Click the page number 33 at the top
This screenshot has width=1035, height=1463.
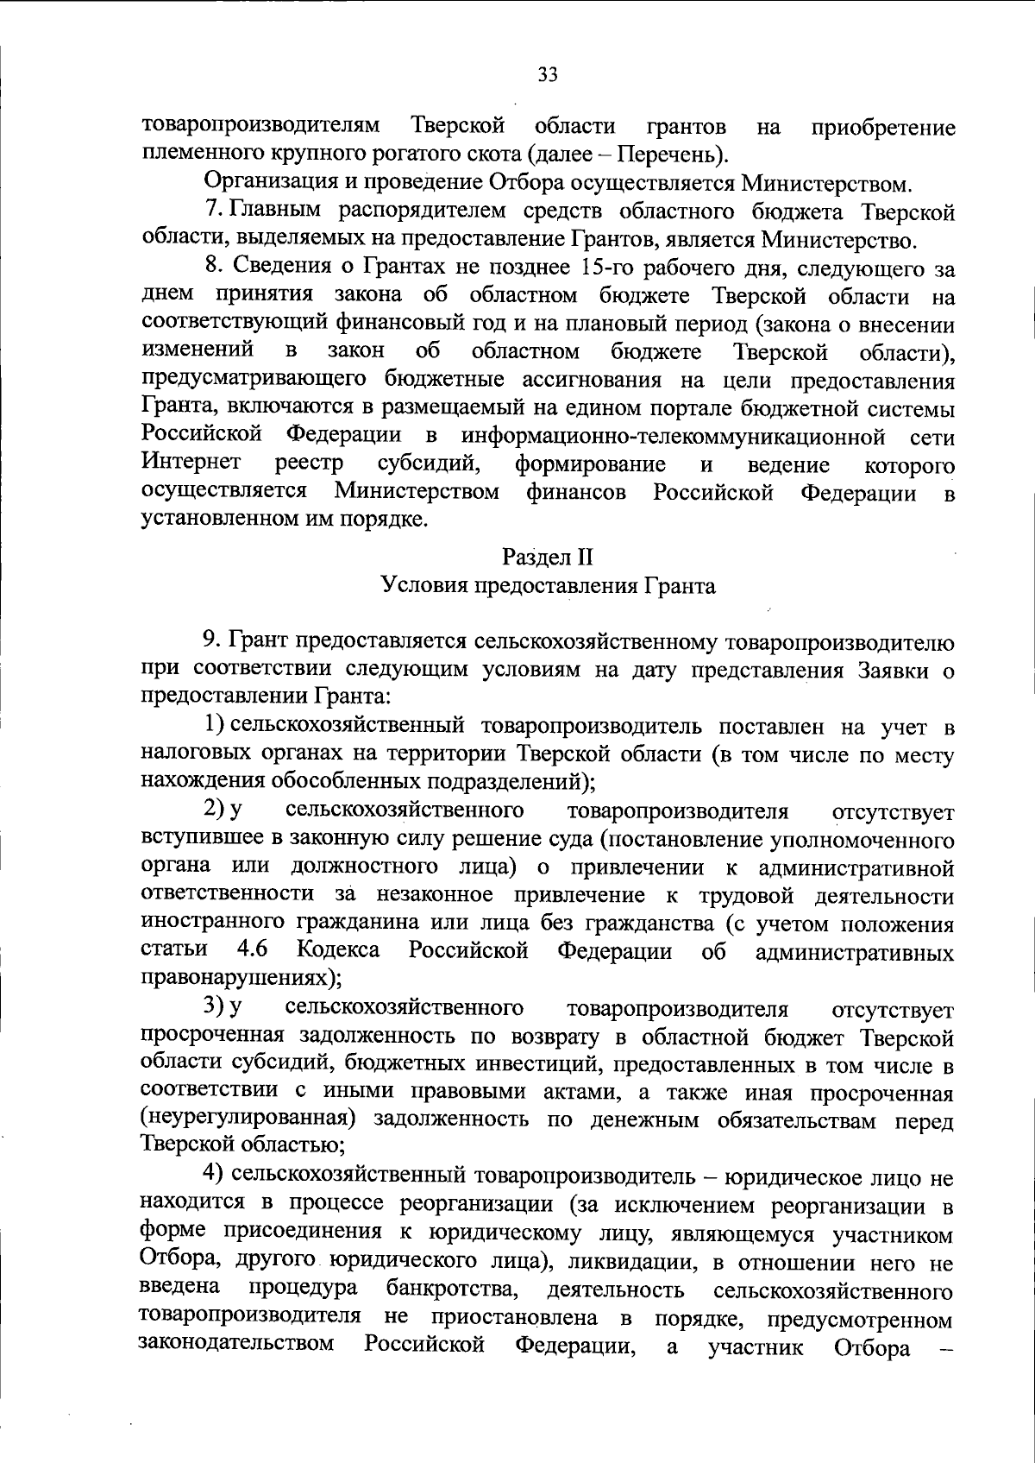click(548, 74)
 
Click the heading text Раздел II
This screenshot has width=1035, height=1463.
click(548, 557)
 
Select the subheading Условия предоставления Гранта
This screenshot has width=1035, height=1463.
click(548, 586)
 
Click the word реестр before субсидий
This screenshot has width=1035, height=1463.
click(310, 464)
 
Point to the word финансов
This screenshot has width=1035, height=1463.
click(575, 493)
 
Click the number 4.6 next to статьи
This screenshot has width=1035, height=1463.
click(251, 951)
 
